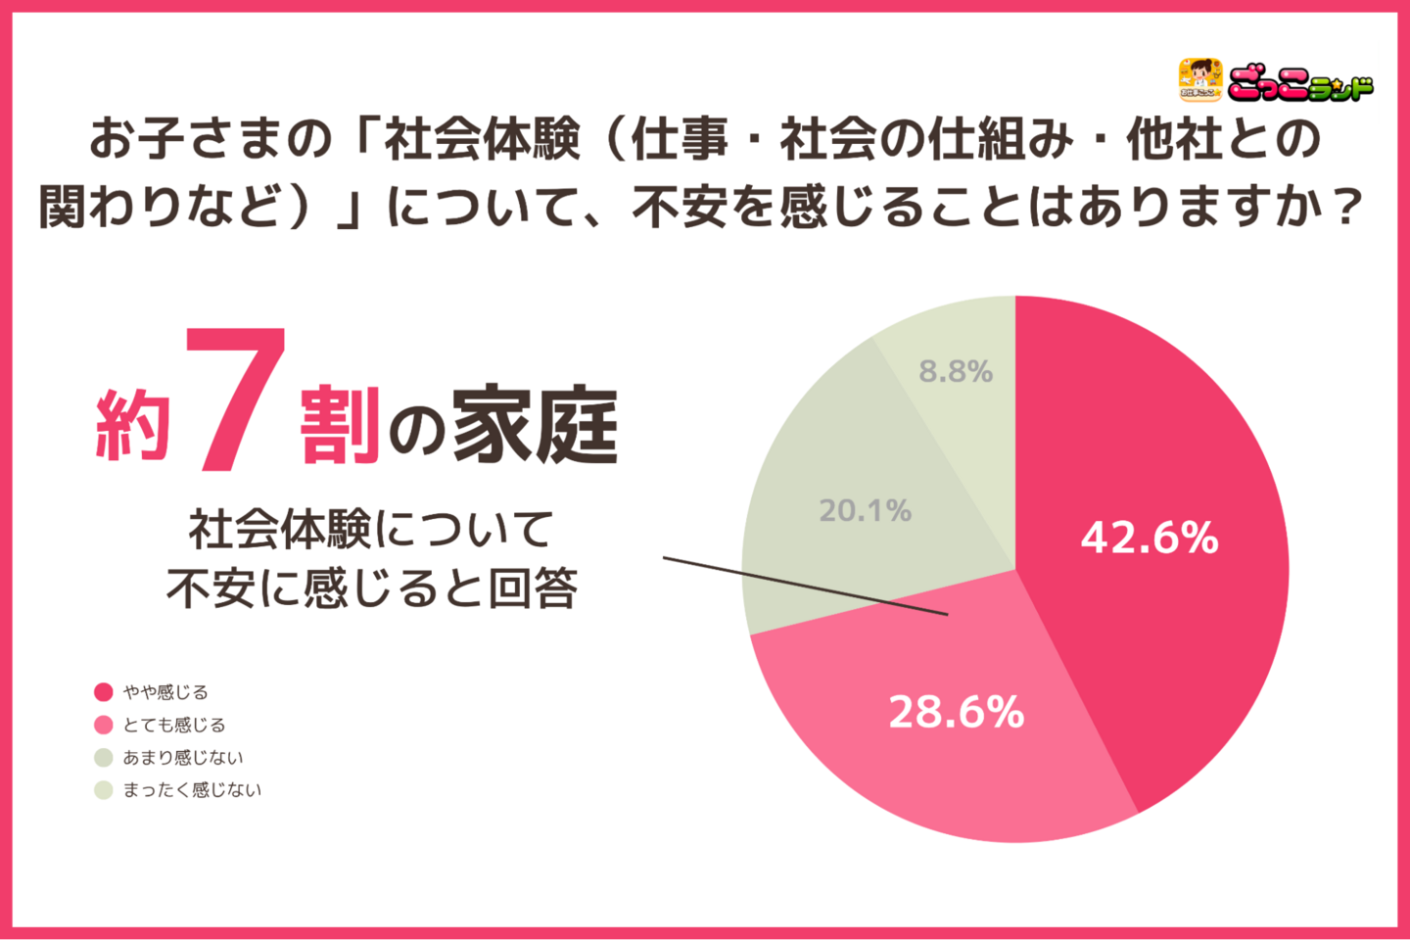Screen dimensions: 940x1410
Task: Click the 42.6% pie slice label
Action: [1149, 538]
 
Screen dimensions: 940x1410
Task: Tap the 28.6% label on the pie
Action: [956, 712]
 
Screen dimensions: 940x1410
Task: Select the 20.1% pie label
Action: [865, 510]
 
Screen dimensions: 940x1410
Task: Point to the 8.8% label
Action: [956, 371]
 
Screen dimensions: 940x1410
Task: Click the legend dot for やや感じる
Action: [104, 692]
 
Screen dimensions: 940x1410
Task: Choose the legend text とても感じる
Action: [174, 725]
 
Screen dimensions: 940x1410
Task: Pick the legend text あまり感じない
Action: [183, 757]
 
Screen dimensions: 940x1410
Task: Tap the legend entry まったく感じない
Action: [192, 789]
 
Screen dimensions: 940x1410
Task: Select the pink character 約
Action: [133, 426]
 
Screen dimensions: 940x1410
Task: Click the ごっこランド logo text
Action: [1300, 85]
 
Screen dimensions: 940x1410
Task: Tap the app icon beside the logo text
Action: [1199, 79]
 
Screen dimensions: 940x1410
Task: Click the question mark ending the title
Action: [1349, 206]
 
